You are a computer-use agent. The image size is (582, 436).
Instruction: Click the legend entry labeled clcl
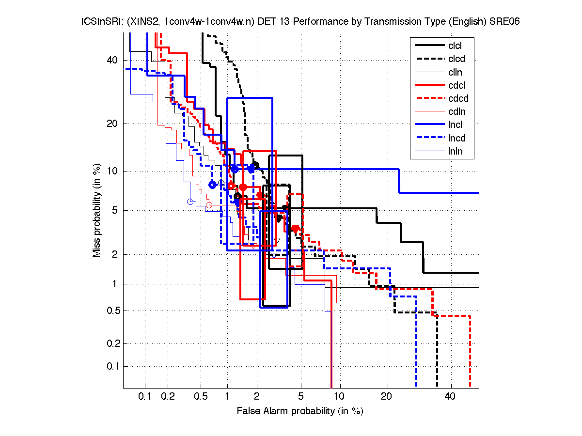pos(455,46)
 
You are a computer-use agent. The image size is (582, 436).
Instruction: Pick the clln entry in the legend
pos(455,72)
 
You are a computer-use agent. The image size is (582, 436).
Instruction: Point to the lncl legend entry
pos(455,125)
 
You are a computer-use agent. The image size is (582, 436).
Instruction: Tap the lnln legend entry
pos(455,152)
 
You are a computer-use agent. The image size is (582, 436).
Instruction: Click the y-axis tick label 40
pos(112,60)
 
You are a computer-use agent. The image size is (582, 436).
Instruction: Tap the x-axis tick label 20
pos(387,396)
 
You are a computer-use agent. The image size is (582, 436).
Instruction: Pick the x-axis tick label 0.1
pos(145,396)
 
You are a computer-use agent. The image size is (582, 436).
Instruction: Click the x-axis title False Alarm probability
pos(300,411)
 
